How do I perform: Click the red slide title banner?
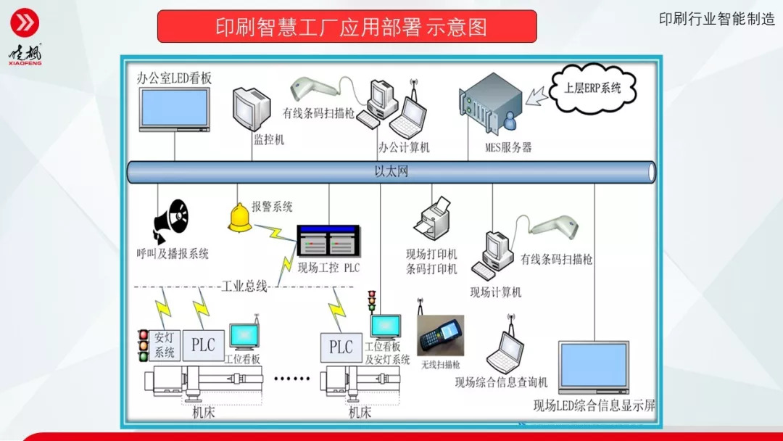347,27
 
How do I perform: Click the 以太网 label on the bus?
391,172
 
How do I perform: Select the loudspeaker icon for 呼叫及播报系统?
170,220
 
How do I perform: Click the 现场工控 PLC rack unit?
328,240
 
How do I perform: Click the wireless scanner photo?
440,335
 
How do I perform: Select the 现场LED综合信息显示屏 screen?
593,367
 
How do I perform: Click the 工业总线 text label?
244,286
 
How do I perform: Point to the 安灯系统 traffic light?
143,346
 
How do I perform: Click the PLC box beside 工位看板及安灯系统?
341,347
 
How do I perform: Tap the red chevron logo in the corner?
25,24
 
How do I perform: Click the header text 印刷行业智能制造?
716,20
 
